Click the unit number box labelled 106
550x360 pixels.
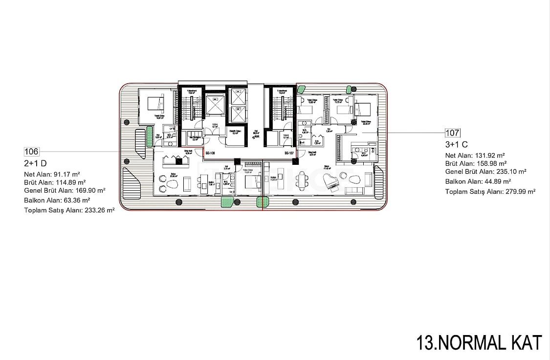point(31,152)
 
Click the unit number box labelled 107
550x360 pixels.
point(452,132)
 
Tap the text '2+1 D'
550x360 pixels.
point(35,163)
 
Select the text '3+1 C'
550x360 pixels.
point(456,144)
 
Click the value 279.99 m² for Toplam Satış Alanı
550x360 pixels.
point(519,192)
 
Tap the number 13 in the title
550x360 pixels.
point(425,342)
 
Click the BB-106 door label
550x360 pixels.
point(210,153)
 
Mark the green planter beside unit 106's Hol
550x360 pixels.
point(148,138)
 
